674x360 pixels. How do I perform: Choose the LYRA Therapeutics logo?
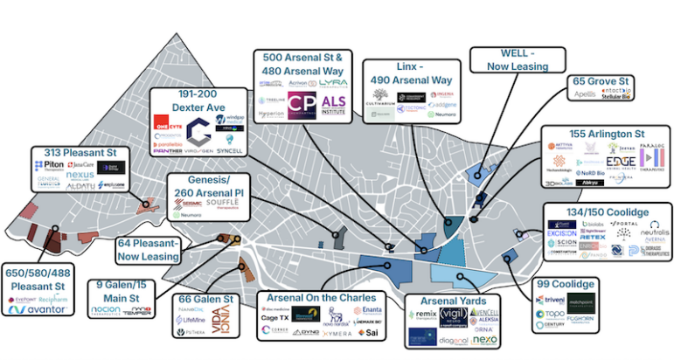click(x=334, y=82)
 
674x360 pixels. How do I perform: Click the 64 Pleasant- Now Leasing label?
click(x=149, y=249)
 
